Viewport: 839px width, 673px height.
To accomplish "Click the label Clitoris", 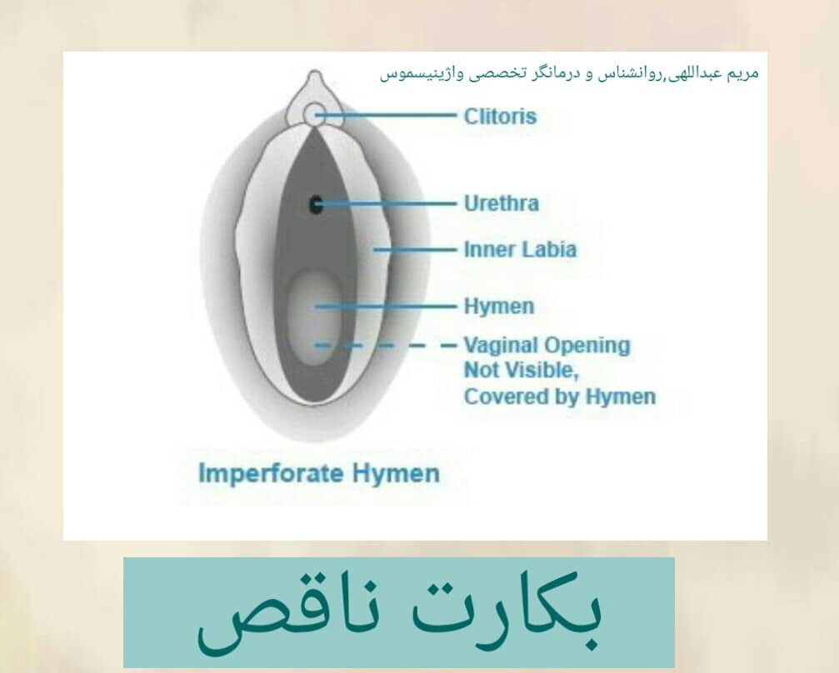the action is pos(500,116).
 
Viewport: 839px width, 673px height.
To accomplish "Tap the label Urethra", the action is pos(501,203).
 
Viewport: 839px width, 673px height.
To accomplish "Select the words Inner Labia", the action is pos(520,249).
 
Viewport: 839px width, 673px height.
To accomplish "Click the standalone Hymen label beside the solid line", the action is pos(499,306).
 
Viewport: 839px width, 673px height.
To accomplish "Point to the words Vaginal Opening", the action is pos(547,346).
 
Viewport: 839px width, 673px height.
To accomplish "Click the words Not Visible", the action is pos(522,370).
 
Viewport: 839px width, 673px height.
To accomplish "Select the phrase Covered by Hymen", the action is pos(560,396).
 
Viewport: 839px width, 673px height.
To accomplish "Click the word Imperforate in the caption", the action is pos(271,474).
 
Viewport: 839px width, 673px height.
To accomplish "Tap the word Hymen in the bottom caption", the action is pos(396,474).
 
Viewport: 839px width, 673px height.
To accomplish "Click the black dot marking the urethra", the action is pos(316,204).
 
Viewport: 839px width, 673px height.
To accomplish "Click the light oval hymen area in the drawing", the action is pos(315,318).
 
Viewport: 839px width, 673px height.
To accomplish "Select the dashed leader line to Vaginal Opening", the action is pos(385,346).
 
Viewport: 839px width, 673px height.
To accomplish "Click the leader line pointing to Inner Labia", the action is pos(415,250).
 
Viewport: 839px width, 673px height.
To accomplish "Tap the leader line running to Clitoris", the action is pos(385,115).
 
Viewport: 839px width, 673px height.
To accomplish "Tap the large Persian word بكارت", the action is pos(507,610).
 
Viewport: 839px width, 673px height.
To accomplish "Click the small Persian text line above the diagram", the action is pos(569,72).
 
